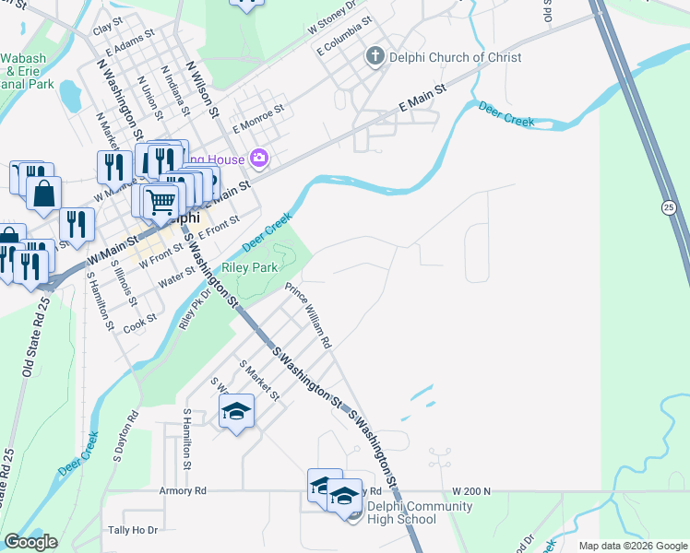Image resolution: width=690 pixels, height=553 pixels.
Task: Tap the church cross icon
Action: coord(375,57)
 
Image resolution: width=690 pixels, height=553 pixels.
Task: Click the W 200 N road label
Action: coord(471,491)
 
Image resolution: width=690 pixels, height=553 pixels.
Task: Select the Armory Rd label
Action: coord(183,491)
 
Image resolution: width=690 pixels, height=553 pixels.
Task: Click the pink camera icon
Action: coord(258,159)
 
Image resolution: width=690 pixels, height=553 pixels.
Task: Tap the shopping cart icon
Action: coord(161,200)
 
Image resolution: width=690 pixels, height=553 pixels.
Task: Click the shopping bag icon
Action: coord(43,194)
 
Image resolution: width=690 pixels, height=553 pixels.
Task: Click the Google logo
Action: coord(30,542)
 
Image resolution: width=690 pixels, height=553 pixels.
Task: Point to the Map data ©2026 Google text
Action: coord(633,546)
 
